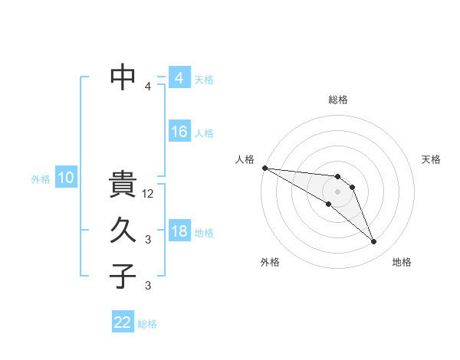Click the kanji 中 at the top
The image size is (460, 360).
(123, 77)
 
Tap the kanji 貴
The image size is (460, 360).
(123, 186)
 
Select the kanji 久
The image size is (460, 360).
(123, 231)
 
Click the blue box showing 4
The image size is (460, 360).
(179, 79)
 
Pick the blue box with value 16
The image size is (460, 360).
(179, 133)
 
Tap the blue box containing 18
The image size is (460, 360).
(179, 232)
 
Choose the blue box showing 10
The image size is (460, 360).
(66, 178)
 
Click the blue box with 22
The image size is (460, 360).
(123, 322)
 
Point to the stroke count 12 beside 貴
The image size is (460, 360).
(149, 195)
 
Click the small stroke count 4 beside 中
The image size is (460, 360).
(148, 87)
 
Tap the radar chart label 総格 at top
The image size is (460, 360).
(338, 100)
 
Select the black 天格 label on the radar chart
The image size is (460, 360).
(432, 159)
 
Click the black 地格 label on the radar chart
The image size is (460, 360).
(402, 262)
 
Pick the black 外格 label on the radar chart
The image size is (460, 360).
(270, 262)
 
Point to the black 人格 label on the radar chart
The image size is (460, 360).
(245, 159)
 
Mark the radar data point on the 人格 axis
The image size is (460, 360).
(264, 168)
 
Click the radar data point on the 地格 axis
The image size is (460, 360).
(373, 241)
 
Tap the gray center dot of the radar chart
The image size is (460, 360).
(338, 191)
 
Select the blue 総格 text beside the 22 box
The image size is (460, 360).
(147, 324)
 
